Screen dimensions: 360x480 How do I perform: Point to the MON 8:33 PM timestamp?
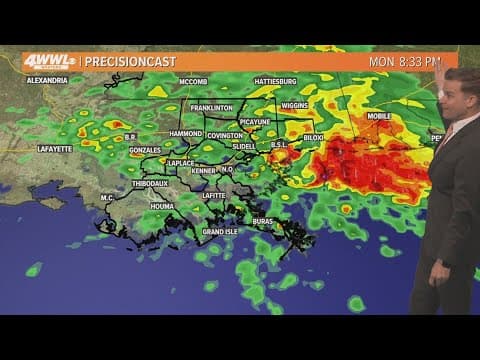[404, 62]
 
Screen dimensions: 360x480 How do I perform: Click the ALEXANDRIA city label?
[47, 80]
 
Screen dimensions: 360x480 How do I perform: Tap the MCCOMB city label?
[192, 81]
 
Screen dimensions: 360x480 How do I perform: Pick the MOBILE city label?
[380, 116]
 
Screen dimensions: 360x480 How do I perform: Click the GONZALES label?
[146, 149]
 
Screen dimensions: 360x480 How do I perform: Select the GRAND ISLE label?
[220, 232]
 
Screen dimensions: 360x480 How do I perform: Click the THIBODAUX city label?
[149, 183]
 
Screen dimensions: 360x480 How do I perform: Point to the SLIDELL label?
[243, 146]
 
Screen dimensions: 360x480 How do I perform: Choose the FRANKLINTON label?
[213, 108]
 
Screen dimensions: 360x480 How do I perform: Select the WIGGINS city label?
[294, 104]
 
